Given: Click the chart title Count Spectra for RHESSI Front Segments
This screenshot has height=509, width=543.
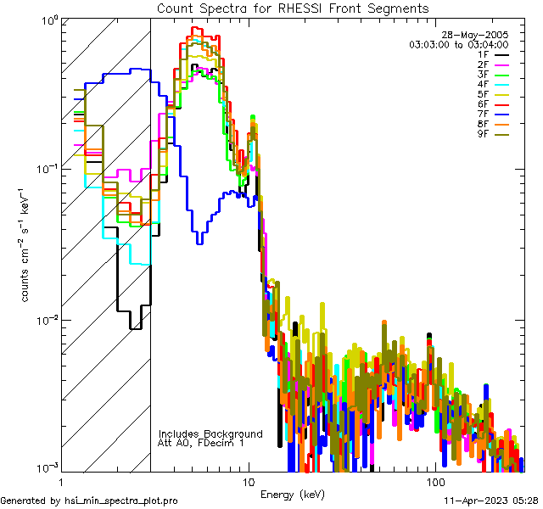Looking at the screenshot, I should (x=293, y=8).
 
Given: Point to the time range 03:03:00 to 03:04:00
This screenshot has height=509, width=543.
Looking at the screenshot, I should (x=458, y=44).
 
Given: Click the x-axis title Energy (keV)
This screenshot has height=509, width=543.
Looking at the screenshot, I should (x=292, y=495).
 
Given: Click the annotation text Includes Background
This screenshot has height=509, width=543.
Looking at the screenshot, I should (x=210, y=434).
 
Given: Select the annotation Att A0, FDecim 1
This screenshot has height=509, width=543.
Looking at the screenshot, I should (x=201, y=444).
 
